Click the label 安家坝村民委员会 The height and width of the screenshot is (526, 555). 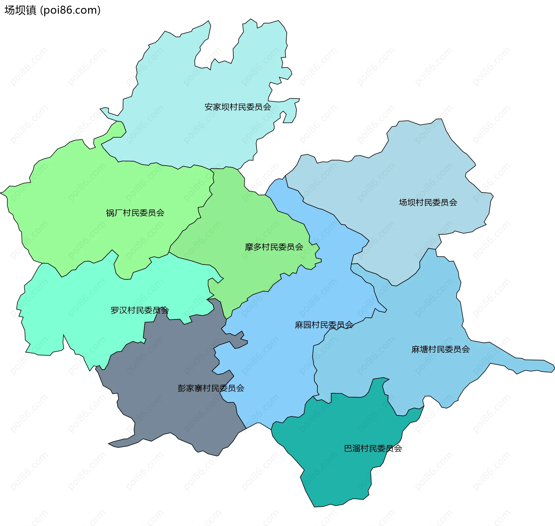238,107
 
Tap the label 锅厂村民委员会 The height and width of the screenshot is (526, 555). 135,213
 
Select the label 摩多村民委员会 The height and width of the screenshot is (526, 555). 274,247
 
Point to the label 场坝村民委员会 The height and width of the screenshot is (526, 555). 428,202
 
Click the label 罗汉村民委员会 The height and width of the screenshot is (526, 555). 140,310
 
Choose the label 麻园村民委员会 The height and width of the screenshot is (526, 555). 324,325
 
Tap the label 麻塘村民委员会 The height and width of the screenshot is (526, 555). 440,349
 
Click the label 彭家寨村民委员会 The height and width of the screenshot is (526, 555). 211,388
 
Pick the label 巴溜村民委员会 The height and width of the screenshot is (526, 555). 373,448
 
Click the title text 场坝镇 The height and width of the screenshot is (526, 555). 20,10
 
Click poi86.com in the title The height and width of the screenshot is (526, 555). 71,10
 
